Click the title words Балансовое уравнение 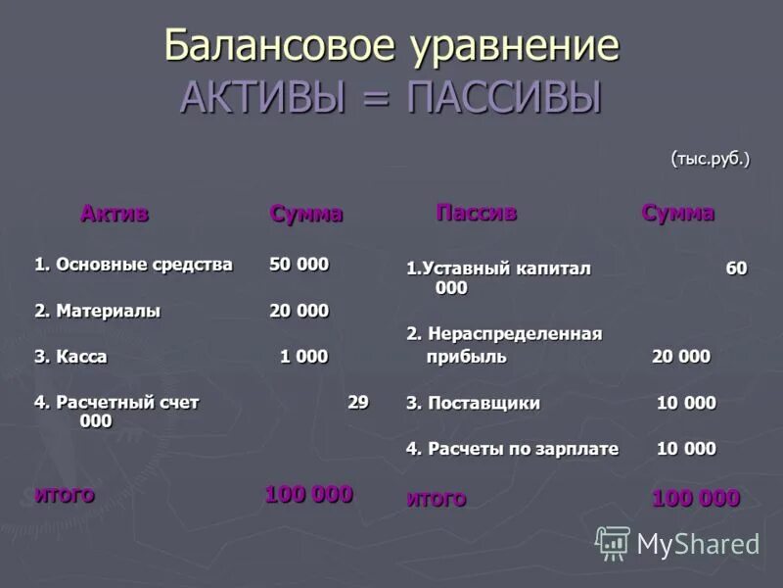(391, 46)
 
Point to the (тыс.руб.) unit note (710, 159)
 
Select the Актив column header (115, 214)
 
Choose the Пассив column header (476, 213)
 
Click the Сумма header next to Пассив (677, 213)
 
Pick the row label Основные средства (144, 265)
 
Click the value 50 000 (299, 265)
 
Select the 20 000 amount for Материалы (299, 311)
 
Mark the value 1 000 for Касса (303, 357)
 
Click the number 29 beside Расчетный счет (358, 403)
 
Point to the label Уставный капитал (506, 269)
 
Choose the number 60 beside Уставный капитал (736, 269)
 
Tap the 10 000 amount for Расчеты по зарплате (685, 449)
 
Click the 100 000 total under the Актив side (308, 495)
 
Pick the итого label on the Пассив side (437, 499)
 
